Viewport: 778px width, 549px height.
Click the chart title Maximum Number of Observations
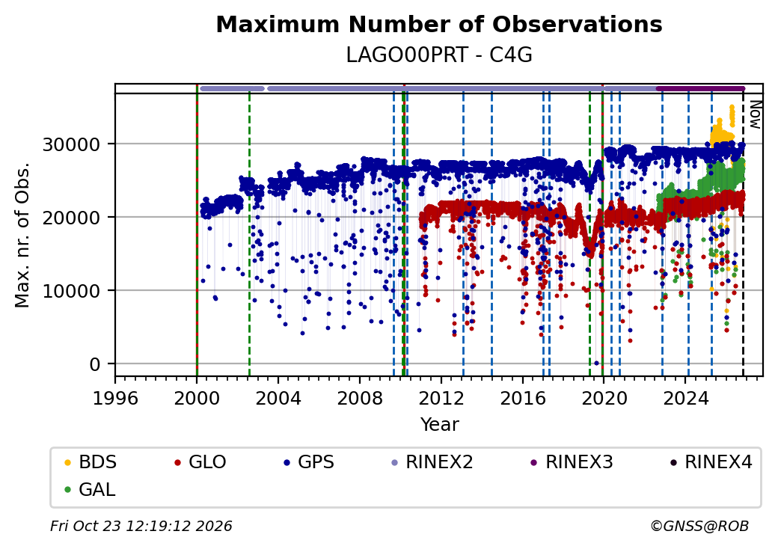tap(439, 24)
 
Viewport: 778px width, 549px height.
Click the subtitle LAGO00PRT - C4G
tap(439, 55)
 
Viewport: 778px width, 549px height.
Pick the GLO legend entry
tap(200, 462)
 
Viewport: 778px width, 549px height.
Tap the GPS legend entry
tap(310, 462)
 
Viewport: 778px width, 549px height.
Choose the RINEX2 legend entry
tap(432, 462)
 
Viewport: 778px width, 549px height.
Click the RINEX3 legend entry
tap(572, 462)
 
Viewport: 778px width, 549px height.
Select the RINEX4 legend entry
tap(711, 462)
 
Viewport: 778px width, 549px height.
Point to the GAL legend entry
tap(91, 489)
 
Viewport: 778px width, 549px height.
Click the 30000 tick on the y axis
tap(72, 144)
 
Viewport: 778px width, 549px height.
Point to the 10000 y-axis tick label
tap(72, 291)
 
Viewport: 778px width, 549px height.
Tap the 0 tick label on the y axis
tap(95, 364)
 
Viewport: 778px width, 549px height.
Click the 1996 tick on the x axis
tap(115, 398)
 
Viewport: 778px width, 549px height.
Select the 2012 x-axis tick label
tap(441, 398)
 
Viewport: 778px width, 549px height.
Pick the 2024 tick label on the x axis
tap(686, 398)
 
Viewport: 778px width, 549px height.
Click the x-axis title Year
tap(440, 425)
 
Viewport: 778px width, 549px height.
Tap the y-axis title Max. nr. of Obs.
tap(22, 235)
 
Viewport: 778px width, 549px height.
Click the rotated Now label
tap(755, 114)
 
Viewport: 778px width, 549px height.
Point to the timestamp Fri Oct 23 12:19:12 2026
tap(141, 526)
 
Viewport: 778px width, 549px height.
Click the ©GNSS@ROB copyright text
tap(699, 526)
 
